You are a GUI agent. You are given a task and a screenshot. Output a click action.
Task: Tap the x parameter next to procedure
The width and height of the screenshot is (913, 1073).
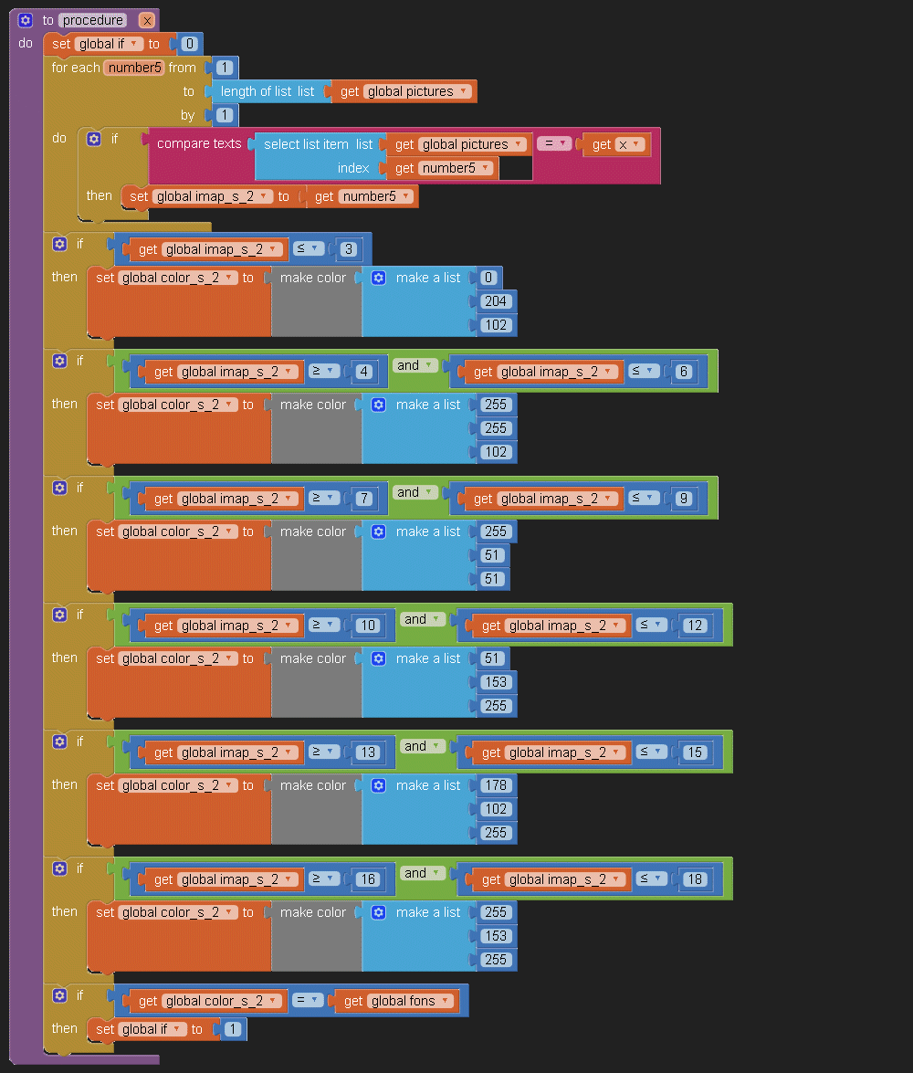pos(147,20)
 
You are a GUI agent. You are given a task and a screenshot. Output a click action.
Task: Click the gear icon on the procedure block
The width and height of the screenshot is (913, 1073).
pos(26,20)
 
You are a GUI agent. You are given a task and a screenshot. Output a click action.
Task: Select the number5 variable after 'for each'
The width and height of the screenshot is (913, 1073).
pos(133,68)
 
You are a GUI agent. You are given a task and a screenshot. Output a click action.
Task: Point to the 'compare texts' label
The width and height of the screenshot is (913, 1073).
pos(199,143)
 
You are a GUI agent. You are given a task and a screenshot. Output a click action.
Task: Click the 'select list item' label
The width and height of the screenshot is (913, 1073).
pos(306,144)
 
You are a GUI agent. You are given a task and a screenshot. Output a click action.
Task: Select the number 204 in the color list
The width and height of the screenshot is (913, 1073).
pos(498,301)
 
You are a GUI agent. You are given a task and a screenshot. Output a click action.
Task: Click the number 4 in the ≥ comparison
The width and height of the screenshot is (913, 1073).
pos(363,372)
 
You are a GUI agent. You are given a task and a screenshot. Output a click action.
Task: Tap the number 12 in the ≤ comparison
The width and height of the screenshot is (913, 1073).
pos(695,626)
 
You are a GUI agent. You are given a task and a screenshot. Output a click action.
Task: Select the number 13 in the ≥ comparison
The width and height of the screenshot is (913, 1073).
pos(367,752)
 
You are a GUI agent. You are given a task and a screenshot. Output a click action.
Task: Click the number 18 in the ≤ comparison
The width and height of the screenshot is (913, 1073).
pos(695,879)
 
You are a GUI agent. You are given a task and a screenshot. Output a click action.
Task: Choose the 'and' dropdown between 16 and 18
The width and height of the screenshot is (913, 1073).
pos(423,874)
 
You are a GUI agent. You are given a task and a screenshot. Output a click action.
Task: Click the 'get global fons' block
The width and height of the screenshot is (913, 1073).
pos(398,1001)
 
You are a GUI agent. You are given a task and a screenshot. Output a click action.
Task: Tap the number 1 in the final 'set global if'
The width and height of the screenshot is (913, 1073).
pos(232,1029)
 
